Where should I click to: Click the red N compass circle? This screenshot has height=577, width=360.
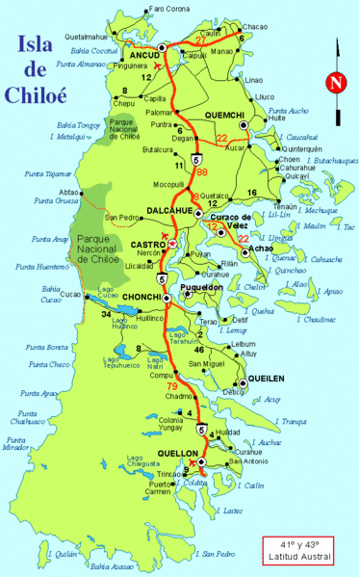click(x=335, y=83)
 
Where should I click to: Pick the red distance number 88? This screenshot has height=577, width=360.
click(x=201, y=172)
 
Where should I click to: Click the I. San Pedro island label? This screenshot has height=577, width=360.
click(x=219, y=554)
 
